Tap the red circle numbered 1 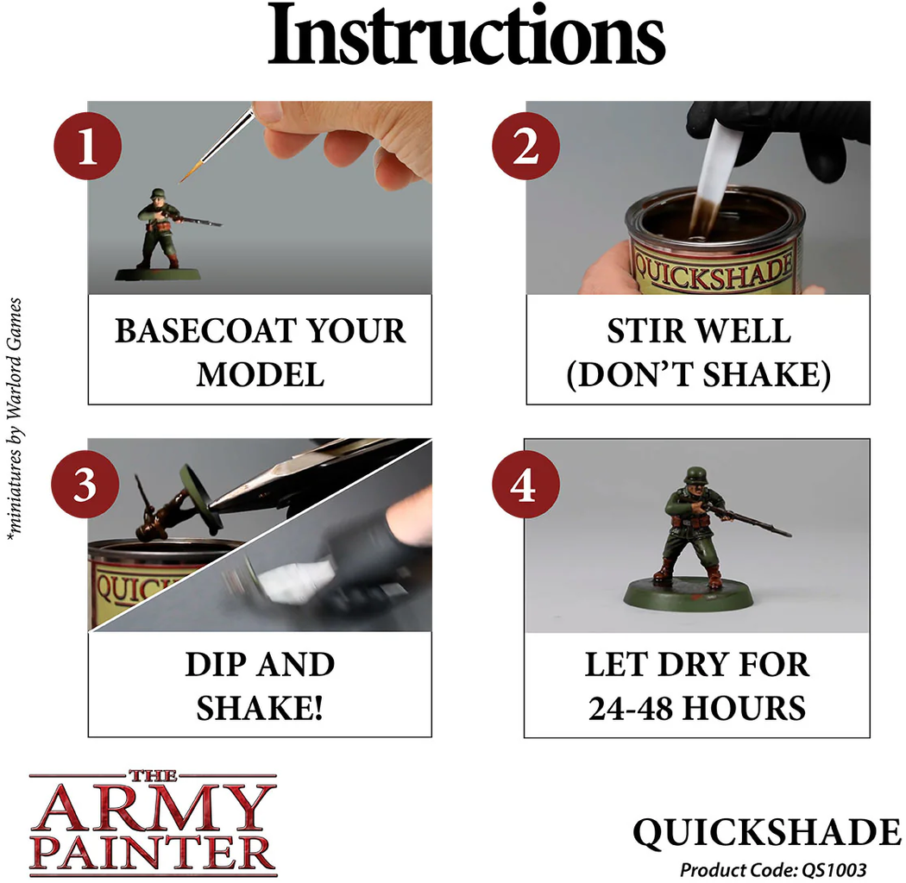(87, 146)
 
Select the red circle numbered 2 (525, 146)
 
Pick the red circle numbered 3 (85, 484)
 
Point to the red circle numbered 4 (525, 484)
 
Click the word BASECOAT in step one (205, 331)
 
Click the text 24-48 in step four (631, 708)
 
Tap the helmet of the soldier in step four (695, 476)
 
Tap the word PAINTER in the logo (153, 853)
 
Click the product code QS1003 (834, 870)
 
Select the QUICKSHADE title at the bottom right (767, 832)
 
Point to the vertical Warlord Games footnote (15, 420)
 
